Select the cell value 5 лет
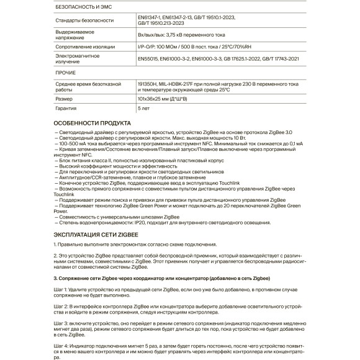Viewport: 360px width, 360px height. click(x=145, y=108)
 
